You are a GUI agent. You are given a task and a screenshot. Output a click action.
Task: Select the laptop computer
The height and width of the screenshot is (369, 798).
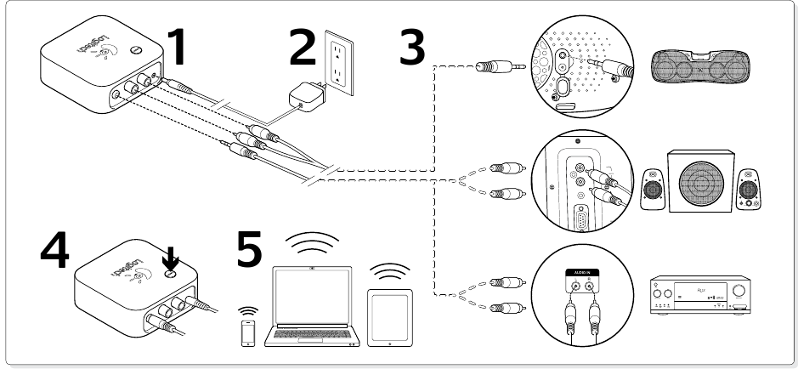(x=312, y=306)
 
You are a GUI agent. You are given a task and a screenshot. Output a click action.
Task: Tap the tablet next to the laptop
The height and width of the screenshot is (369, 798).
(x=389, y=315)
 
